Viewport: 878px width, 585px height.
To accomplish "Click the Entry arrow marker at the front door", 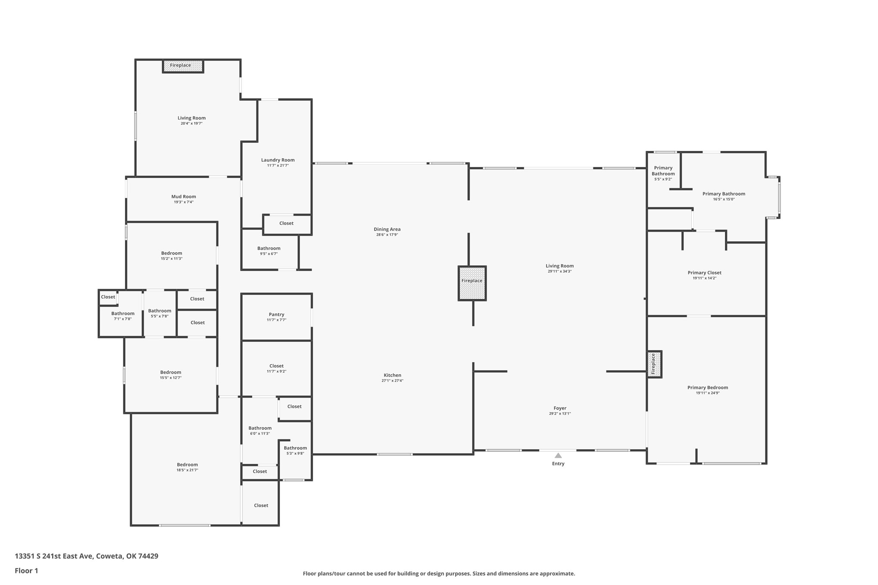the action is coord(558,455).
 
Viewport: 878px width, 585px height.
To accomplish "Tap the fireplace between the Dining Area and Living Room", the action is coord(472,283).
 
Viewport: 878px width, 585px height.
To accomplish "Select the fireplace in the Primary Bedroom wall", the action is coord(654,364).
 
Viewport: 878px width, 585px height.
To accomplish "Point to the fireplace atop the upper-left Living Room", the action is coord(183,66).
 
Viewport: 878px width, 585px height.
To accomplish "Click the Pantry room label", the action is coord(276,314).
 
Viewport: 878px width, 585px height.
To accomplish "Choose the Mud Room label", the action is coord(184,197).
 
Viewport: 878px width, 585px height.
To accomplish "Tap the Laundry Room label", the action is coord(278,160).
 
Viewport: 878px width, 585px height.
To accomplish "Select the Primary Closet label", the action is coord(705,272).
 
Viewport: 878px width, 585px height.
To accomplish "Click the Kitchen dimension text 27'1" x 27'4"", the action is coord(392,381).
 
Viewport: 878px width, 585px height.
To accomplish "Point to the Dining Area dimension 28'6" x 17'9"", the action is coord(387,235).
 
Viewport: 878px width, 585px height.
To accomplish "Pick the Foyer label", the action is coord(560,408).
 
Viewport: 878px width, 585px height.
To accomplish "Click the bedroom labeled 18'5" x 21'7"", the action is coord(187,467).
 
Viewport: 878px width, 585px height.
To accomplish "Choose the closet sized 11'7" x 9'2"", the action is coord(276,369).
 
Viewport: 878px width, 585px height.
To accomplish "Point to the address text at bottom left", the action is coord(87,556).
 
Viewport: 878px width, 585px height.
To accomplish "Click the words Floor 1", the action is coord(26,571).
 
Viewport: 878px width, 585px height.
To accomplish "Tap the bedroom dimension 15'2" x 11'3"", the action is coord(172,259).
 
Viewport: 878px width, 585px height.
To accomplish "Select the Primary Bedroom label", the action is coord(708,388).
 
